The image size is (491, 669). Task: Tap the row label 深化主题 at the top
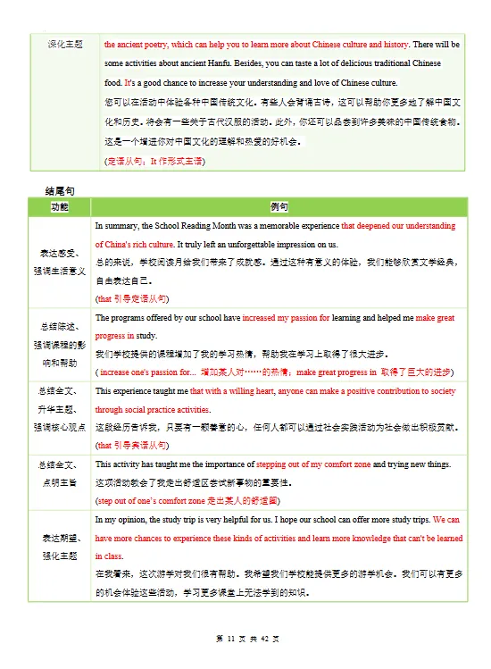point(64,44)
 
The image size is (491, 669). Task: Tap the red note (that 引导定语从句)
point(131,297)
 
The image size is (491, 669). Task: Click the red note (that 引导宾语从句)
point(131,445)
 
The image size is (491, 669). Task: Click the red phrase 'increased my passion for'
point(284,318)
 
